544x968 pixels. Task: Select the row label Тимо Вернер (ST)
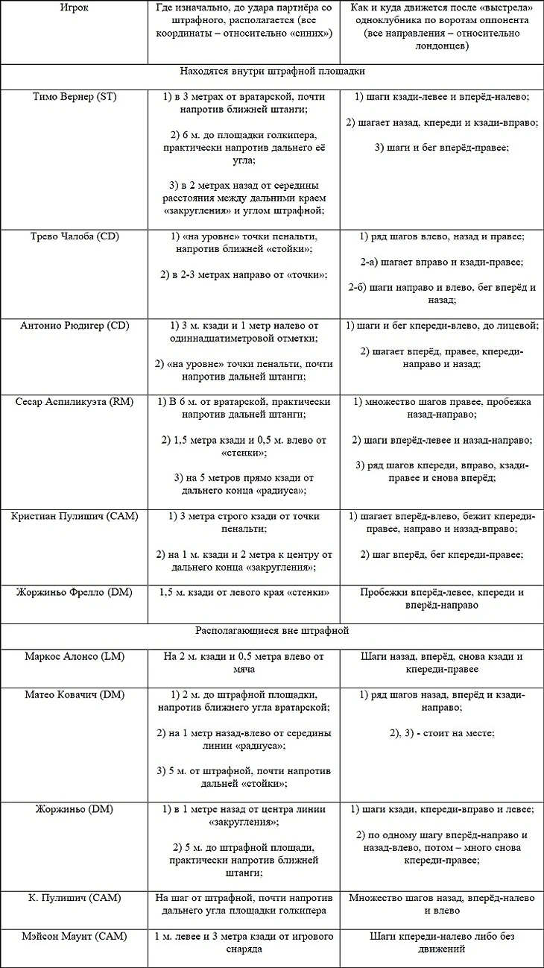[x=75, y=97]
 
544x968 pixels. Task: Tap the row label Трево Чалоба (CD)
[x=75, y=236]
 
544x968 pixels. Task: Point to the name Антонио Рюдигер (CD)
[x=75, y=326]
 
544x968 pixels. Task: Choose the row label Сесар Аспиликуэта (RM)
[x=75, y=402]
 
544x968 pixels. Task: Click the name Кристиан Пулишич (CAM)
[x=75, y=517]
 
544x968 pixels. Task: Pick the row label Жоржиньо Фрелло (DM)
[x=75, y=592]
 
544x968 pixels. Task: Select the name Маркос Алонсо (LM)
[x=75, y=656]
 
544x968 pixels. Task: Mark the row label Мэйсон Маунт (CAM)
[x=75, y=936]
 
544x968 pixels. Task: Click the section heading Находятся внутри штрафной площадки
[x=272, y=72]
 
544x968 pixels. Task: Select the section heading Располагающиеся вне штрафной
[x=272, y=630]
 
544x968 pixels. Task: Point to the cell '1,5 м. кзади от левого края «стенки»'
[x=244, y=592]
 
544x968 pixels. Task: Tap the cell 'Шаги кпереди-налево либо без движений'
[x=442, y=943]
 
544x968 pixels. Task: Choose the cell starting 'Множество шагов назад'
[x=442, y=904]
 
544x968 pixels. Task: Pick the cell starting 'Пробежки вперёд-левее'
[x=442, y=599]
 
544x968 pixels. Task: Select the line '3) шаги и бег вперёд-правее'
[x=442, y=148]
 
